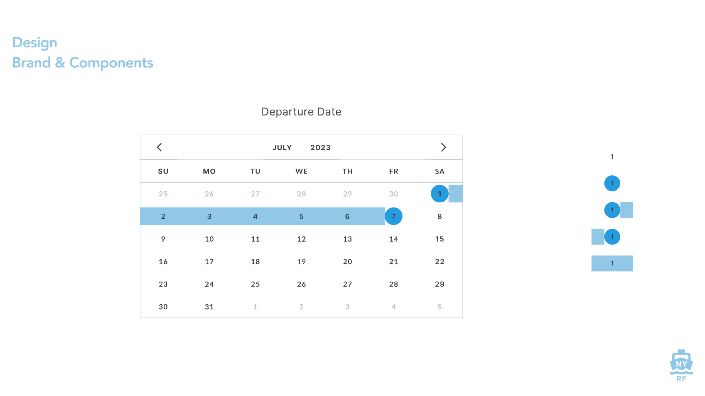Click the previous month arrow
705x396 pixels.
pos(159,147)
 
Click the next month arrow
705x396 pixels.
pos(443,147)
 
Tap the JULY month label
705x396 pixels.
pos(282,148)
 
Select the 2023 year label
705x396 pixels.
pos(320,148)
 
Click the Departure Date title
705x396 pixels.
pos(301,112)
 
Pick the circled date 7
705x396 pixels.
pos(393,216)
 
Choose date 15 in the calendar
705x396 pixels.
pos(440,239)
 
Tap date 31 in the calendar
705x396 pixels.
pos(209,307)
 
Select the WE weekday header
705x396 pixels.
pos(301,171)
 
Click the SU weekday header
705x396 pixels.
pos(163,171)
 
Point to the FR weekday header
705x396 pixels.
pos(394,171)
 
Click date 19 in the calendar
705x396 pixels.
pos(301,262)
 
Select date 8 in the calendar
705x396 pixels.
pos(440,216)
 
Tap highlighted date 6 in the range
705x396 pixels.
pos(347,216)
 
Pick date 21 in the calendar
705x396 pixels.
pos(394,262)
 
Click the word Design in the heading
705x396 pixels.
pos(35,43)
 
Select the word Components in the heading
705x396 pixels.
pos(111,63)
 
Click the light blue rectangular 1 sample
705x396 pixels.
pos(612,263)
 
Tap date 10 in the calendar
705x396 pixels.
pos(209,239)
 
